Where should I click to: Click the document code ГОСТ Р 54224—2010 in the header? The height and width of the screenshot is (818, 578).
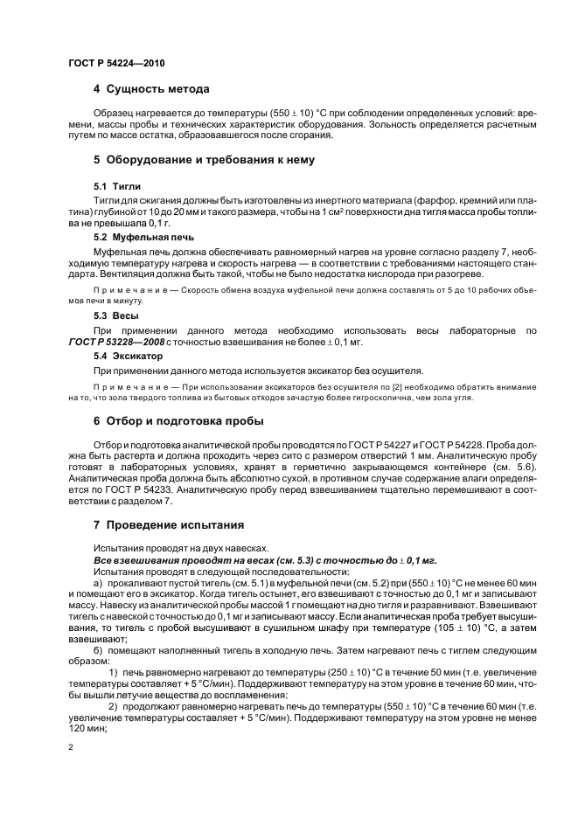pos(116,64)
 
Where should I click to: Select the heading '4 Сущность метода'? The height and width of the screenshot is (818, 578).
pos(150,89)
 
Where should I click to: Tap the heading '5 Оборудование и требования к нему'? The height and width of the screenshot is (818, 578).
pos(203,159)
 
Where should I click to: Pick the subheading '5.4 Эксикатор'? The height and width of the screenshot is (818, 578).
pos(128,357)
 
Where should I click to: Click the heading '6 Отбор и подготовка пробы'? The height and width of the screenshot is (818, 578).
pos(178,420)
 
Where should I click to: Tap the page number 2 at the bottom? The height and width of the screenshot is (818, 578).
pos(70,747)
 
